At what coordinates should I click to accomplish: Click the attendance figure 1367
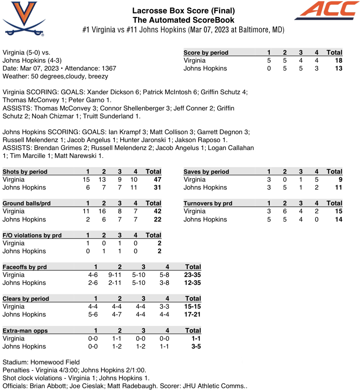108,68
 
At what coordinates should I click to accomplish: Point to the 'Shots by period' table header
25,172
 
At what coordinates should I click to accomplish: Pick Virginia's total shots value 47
157,179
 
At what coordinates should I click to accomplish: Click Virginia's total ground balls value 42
157,211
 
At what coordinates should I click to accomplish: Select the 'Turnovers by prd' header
208,203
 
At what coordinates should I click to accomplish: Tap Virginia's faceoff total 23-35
193,275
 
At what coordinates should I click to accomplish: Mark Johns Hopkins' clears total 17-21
193,314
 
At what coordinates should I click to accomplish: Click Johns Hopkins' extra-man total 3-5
196,346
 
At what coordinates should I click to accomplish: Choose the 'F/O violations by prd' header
32,235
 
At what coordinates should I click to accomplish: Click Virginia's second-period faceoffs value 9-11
120,275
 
